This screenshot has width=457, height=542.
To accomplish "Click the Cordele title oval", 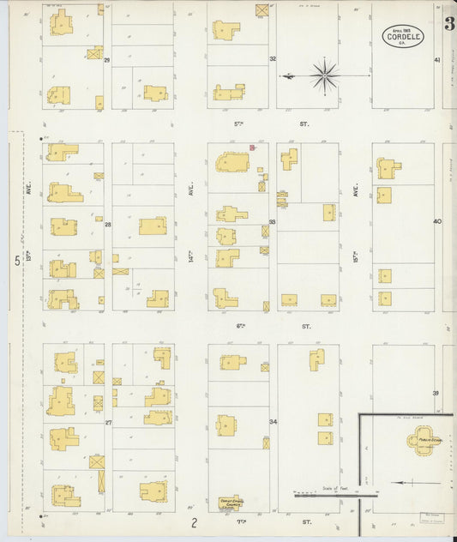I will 402,36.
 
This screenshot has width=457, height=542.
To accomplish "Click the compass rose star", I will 325,75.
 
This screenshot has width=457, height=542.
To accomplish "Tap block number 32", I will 273,59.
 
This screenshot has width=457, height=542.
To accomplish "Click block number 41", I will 436,60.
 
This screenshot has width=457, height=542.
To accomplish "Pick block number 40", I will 436,221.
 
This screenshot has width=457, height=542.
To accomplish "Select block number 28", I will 108,224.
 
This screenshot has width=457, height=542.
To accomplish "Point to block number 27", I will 108,422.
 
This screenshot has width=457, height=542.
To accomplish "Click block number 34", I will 273,422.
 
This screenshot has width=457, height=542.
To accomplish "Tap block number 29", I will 108,61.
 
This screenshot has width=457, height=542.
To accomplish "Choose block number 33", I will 272,223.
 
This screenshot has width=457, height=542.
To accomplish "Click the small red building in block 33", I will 252,148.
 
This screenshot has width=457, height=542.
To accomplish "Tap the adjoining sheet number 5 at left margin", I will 16,261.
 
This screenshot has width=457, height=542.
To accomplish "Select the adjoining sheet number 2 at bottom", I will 195,522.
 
